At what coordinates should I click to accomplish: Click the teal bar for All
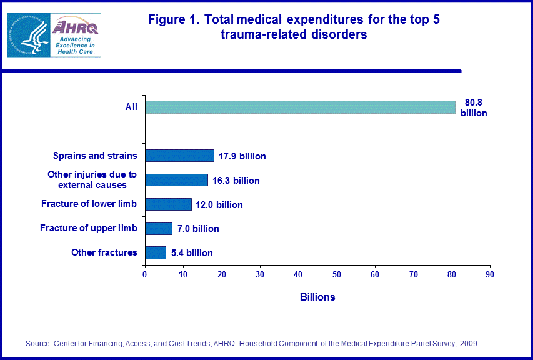300,107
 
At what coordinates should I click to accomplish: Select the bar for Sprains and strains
179,156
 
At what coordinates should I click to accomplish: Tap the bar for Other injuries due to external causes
176,180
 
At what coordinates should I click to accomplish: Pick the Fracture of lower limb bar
168,204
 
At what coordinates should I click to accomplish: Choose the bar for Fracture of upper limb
158,229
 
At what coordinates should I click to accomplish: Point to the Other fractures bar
155,252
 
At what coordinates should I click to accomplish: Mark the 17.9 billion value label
242,156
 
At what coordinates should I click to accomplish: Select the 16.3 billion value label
236,181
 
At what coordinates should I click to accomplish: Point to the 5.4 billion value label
192,253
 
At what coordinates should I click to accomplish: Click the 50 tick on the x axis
337,274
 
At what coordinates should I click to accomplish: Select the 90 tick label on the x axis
491,274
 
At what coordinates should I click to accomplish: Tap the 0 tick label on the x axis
145,274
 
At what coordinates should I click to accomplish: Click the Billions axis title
317,297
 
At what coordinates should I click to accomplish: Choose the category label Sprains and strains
95,156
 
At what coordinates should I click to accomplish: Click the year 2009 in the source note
469,344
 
